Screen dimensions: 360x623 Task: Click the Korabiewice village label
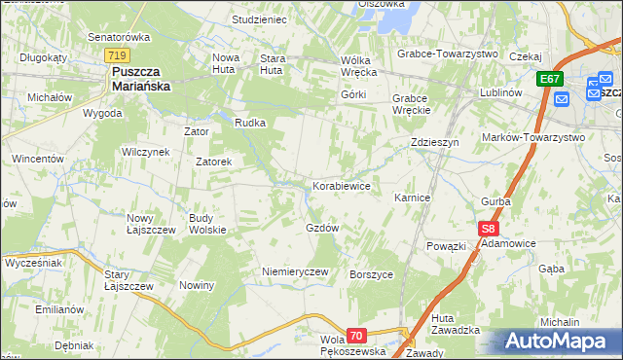point(341,185)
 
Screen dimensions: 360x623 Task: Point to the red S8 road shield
point(489,229)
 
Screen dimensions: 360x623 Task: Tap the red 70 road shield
point(356,336)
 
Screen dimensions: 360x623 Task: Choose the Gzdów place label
point(322,228)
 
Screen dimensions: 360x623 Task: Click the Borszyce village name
point(371,274)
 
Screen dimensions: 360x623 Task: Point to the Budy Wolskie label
point(207,224)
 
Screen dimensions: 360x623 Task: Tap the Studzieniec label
point(259,18)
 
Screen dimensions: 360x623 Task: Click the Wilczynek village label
point(146,152)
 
